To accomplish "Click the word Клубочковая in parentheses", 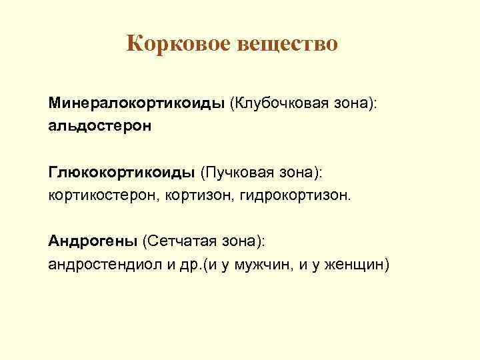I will coord(279,105).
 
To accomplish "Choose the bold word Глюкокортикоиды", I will coord(121,173).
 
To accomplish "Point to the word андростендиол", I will coord(107,264).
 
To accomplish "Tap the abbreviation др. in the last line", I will coord(194,264).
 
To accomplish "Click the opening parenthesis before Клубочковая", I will coord(232,105).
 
